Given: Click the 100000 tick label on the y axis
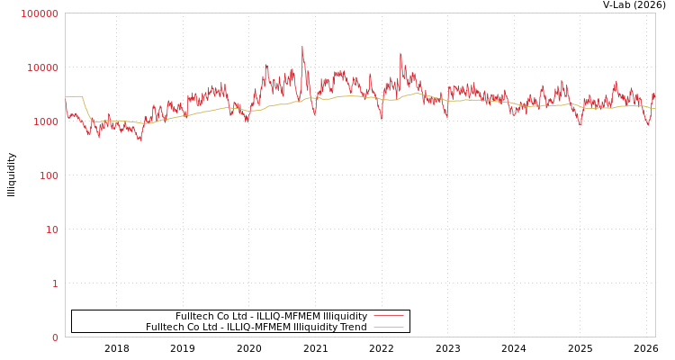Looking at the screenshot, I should click(40, 13).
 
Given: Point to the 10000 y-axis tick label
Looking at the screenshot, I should click(42, 67).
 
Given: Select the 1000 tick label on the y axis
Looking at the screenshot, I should click(45, 121).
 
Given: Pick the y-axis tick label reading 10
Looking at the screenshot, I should click(51, 229).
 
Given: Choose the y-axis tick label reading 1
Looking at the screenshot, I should click(55, 283).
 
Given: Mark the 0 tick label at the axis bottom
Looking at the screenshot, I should click(55, 337).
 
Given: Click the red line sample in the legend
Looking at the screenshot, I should click(388, 316).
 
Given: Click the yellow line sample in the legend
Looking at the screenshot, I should click(388, 327).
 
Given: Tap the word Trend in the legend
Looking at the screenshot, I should click(354, 328).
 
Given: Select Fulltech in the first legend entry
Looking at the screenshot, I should click(194, 317).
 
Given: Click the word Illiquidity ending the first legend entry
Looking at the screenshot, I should click(345, 317).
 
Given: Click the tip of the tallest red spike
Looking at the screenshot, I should click(302, 47).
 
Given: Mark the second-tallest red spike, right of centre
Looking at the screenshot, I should click(400, 53).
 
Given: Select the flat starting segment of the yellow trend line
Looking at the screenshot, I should click(73, 96).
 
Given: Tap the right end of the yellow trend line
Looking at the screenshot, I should click(654, 108).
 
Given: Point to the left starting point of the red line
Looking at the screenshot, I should click(66, 106).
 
